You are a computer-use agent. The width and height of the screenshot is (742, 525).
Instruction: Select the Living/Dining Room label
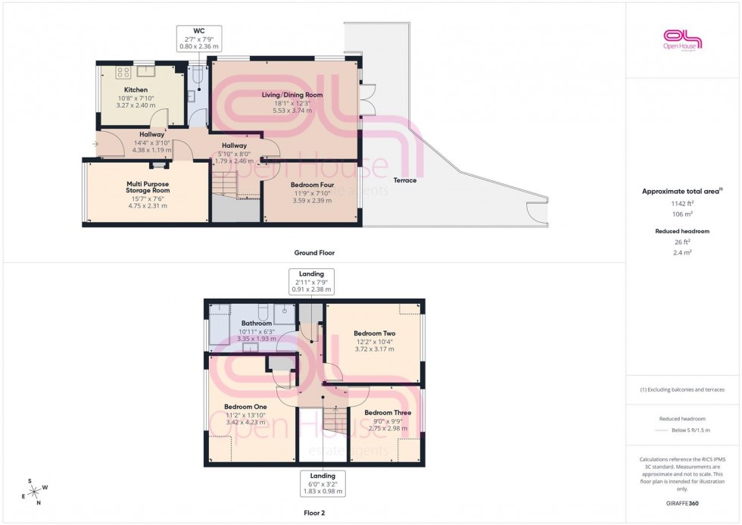coord(292,95)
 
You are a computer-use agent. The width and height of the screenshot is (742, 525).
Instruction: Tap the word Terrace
coord(405,180)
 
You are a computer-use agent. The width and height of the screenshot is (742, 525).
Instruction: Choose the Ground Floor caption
coord(314,252)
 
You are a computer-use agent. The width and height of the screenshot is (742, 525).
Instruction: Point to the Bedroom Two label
coord(374,333)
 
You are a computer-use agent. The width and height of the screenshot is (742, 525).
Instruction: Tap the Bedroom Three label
coord(388,413)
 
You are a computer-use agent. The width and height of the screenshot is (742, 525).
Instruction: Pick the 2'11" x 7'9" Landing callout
coord(312,281)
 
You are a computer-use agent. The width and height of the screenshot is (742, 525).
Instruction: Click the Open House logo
coord(683,39)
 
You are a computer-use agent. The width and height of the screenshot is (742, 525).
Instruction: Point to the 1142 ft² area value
coord(683,204)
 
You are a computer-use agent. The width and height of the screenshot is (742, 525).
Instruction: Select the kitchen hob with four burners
coord(123,73)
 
